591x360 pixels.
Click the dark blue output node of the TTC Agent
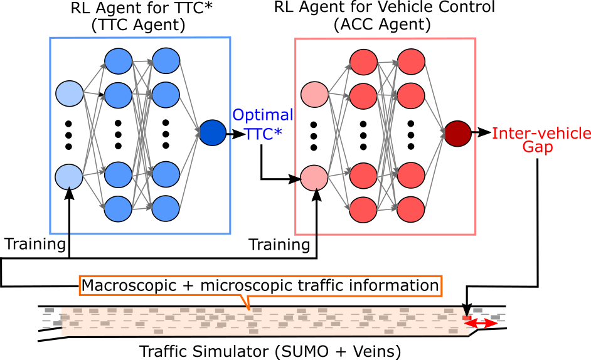pos(212,133)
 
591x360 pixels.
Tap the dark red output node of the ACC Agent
pos(457,133)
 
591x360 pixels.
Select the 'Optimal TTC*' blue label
pos(262,125)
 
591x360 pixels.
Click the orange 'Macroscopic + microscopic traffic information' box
pos(260,285)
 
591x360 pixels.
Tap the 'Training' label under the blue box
pos(35,243)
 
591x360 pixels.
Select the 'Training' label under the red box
pos(280,244)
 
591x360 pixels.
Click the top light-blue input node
pos(69,94)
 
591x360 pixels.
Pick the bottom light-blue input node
pos(69,177)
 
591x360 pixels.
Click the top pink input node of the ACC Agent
pos(314,94)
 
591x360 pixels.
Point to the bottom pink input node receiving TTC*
pos(314,177)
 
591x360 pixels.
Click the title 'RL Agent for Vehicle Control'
pos(385,8)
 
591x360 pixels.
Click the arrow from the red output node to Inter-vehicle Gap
pos(481,133)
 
